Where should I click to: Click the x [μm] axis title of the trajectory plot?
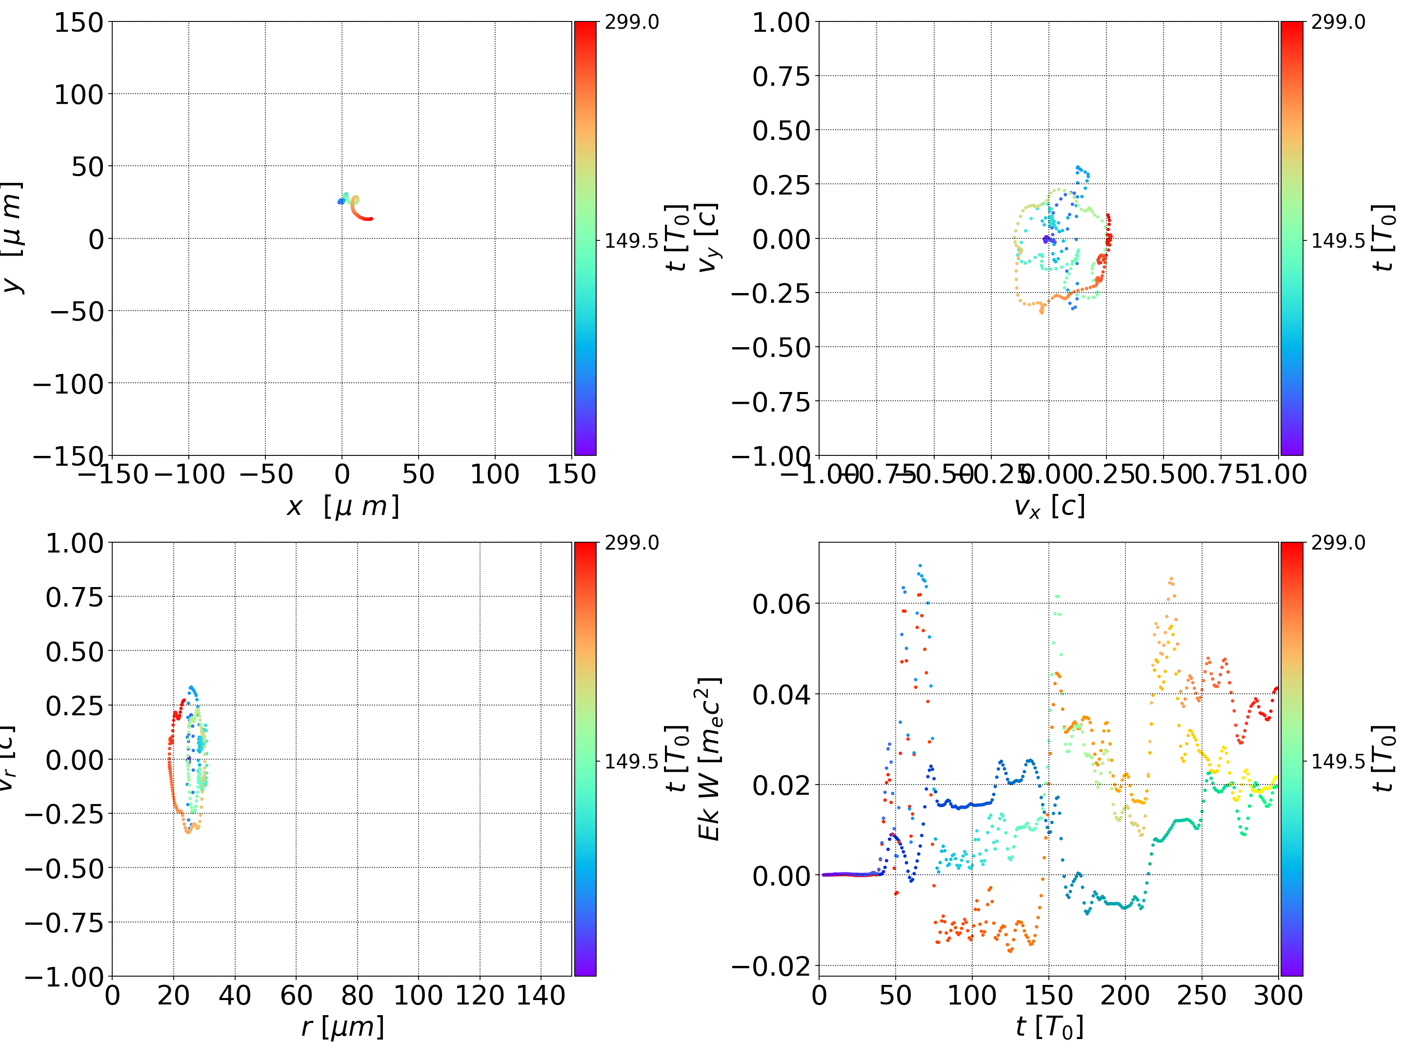tap(342, 506)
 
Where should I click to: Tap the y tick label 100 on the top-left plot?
tap(78, 95)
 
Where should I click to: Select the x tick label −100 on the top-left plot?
tap(189, 474)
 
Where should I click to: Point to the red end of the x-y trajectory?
tap(370, 219)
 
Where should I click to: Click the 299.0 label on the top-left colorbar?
tap(631, 22)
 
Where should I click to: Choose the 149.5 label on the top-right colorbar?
tap(1338, 241)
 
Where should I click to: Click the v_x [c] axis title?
tap(1049, 506)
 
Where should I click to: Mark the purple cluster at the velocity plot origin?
tap(1046, 239)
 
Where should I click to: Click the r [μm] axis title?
tap(342, 1027)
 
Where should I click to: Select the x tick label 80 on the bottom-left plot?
tap(357, 995)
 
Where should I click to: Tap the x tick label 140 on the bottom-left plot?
tap(541, 995)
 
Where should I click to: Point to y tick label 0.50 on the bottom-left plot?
tap(74, 651)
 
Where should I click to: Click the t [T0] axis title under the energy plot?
tap(1049, 1027)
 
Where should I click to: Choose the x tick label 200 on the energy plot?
tap(1125, 995)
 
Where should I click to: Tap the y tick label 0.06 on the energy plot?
tap(781, 604)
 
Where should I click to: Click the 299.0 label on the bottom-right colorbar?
tap(1338, 543)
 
